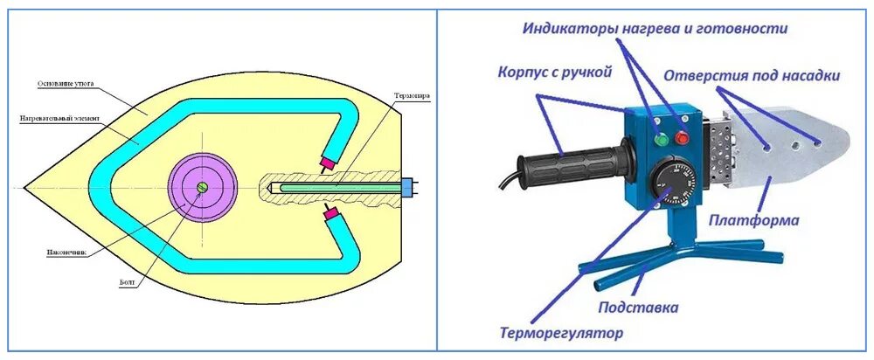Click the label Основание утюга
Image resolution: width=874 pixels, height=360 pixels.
click(65, 84)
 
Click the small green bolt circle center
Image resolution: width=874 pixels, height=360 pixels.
click(203, 187)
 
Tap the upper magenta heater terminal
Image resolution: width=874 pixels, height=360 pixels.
click(328, 162)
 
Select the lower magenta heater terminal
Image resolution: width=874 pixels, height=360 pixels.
click(330, 214)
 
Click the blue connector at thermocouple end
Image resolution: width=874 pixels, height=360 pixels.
click(406, 187)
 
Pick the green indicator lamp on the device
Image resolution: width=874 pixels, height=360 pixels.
click(661, 136)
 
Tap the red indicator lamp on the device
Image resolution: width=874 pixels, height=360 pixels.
click(682, 134)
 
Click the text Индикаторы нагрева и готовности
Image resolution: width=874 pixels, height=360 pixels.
click(655, 29)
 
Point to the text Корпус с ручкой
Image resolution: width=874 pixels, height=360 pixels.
click(554, 71)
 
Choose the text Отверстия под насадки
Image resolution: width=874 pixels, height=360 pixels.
click(752, 76)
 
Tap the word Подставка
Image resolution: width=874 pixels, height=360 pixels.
click(638, 308)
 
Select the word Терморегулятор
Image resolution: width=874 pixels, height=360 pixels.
click(562, 333)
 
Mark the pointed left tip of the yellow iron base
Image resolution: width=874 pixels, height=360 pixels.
click(25, 187)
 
